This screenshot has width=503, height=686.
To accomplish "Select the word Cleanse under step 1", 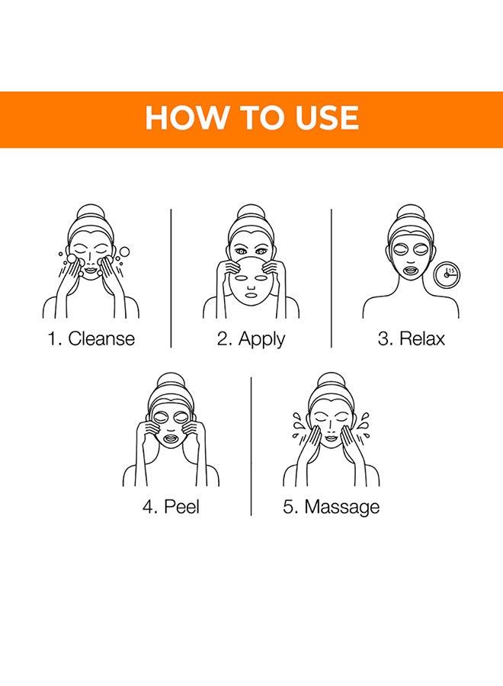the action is pos(101,338).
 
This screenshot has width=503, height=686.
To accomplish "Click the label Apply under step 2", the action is pos(261,339).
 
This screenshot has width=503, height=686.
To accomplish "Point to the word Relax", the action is pos(422,338).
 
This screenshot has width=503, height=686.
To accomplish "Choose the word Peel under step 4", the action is pos(181,507).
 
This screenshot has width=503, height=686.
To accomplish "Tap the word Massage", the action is pos(342,508).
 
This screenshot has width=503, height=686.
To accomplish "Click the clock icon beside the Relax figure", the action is pos(447,275).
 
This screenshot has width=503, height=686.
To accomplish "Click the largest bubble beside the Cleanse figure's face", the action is pos(124,252).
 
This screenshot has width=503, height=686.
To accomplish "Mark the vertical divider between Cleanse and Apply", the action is pos(171,278).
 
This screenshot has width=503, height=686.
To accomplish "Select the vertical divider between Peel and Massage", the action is pos(251,446).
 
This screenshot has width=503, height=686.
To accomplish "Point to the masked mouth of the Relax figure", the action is pos(410,270).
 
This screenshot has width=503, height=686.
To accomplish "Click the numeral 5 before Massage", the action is pos(288,507).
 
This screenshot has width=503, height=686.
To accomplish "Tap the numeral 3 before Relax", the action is pos(383,339).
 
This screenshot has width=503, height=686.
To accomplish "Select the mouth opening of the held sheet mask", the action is pos(251,295).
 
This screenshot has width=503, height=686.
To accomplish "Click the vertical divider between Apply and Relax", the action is pos(331,278).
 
